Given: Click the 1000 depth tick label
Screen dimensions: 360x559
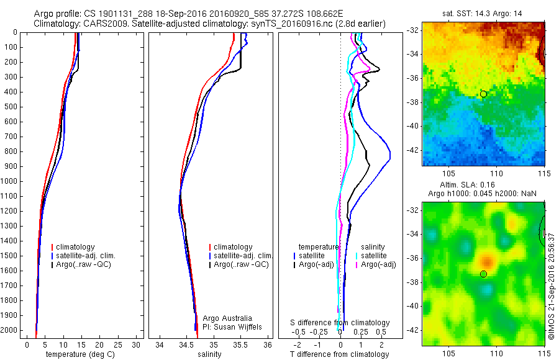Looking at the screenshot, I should [x=10, y=181].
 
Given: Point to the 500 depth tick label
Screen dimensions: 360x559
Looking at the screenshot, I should [x=12, y=107].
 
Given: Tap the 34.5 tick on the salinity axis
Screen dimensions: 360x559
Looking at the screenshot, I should [x=187, y=344].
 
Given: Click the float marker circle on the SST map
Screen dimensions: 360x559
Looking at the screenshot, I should [x=483, y=94].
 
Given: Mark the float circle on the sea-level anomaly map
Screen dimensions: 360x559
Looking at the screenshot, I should [x=483, y=274].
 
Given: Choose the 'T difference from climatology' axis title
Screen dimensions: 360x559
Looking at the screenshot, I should [x=339, y=354].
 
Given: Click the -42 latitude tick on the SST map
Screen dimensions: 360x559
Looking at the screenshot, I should [x=414, y=150].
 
